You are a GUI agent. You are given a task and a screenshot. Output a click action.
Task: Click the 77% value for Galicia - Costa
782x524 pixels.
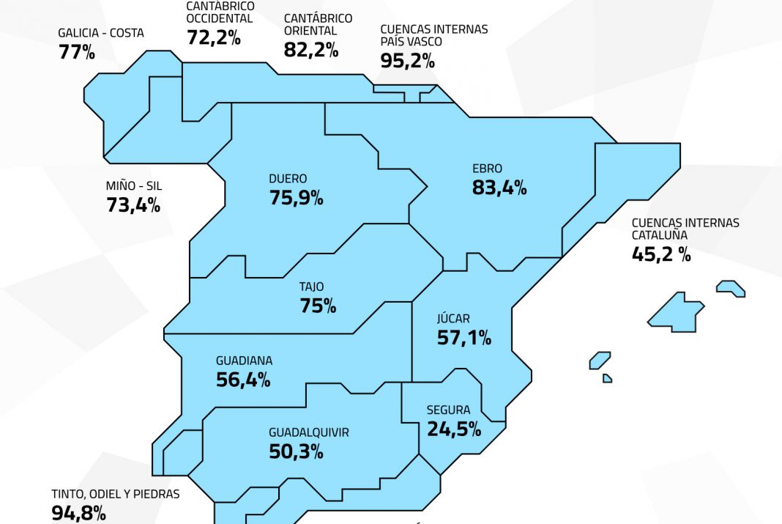click(x=76, y=52)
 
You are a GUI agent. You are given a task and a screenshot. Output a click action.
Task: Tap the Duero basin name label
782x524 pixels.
click(x=288, y=178)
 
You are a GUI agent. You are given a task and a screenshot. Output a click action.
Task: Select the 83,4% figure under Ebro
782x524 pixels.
click(x=499, y=188)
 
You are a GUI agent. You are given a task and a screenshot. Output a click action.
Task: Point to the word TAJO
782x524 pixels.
click(x=311, y=287)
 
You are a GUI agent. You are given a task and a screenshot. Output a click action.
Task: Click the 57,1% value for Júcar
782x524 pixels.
click(x=463, y=338)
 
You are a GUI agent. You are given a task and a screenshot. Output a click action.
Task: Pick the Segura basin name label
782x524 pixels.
click(x=448, y=410)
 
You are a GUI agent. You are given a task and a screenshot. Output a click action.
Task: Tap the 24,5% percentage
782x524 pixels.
click(x=454, y=429)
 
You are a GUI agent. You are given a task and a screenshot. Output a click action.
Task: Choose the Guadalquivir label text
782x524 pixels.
click(x=308, y=432)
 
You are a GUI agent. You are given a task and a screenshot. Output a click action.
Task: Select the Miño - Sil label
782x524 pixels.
click(x=134, y=185)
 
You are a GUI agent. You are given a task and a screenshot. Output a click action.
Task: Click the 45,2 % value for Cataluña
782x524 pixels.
click(x=661, y=254)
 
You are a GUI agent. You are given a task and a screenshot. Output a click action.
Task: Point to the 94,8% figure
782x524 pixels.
click(x=78, y=513)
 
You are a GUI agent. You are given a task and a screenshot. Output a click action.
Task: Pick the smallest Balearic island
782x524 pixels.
click(x=607, y=378)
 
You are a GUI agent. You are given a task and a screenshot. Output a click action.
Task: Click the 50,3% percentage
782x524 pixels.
click(x=296, y=451)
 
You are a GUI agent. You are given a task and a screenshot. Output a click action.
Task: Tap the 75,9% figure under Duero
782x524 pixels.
click(x=296, y=197)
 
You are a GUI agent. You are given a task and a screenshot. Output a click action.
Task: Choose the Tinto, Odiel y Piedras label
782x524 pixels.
click(x=115, y=494)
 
